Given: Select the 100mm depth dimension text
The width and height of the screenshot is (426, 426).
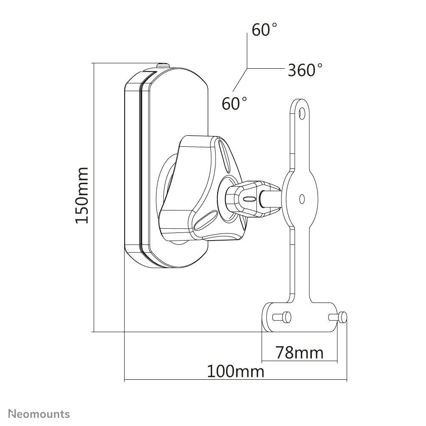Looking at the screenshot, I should (235, 372).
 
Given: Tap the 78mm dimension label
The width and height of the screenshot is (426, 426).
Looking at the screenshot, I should (299, 352).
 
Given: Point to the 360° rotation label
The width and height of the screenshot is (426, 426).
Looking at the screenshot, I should (305, 70).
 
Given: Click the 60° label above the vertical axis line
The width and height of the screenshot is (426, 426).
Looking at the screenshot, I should (264, 30).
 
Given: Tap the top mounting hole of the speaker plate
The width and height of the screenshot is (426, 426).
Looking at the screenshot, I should (302, 113).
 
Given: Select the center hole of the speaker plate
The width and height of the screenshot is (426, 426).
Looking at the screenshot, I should (302, 198).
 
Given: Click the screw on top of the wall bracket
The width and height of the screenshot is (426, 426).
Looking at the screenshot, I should (163, 66).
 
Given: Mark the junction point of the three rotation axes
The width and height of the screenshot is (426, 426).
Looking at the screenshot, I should (247, 68).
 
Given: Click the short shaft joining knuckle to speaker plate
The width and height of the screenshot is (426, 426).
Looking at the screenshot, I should (272, 198).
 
